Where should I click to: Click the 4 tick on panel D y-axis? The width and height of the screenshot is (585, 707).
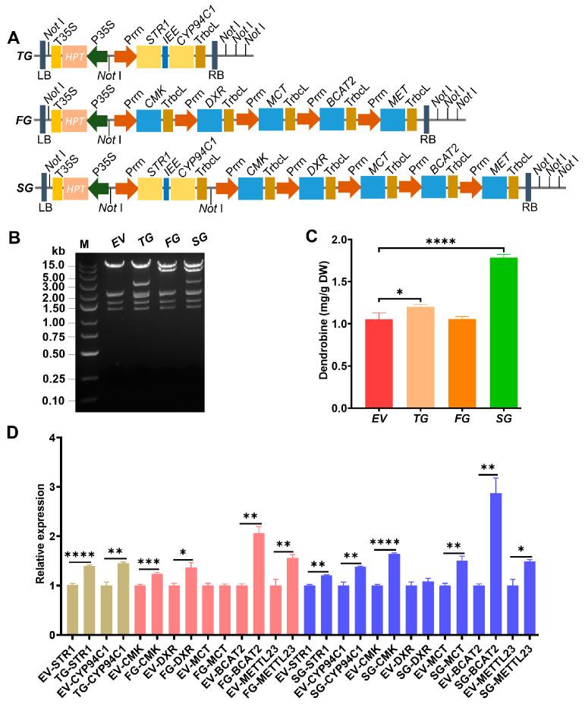pos(53,438)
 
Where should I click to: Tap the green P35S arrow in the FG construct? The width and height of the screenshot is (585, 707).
pos(98,120)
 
